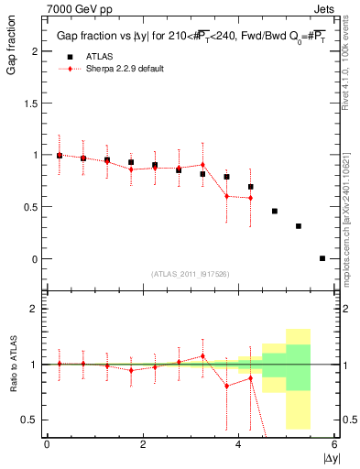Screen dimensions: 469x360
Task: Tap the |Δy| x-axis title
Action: pyautogui.click(x=331, y=456)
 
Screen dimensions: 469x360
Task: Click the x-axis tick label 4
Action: pyautogui.click(x=238, y=444)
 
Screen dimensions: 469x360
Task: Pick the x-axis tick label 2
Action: pyautogui.click(x=143, y=444)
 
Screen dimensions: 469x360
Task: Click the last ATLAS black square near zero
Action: pyautogui.click(x=322, y=258)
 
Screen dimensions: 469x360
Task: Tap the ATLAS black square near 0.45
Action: pyautogui.click(x=275, y=212)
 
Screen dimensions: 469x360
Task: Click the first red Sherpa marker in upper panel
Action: pyautogui.click(x=60, y=155)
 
